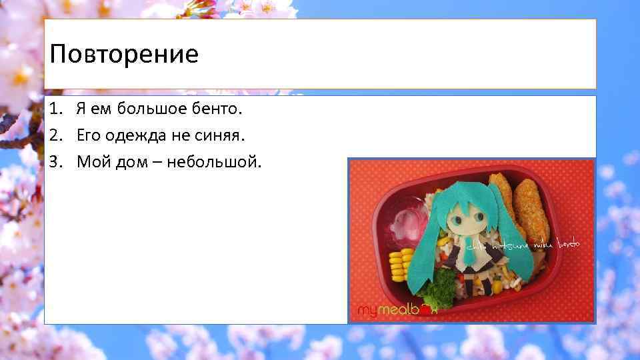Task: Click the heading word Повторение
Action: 124,54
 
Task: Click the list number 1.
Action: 55,108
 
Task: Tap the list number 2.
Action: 55,135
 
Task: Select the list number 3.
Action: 55,162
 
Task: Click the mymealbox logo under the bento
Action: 397,311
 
